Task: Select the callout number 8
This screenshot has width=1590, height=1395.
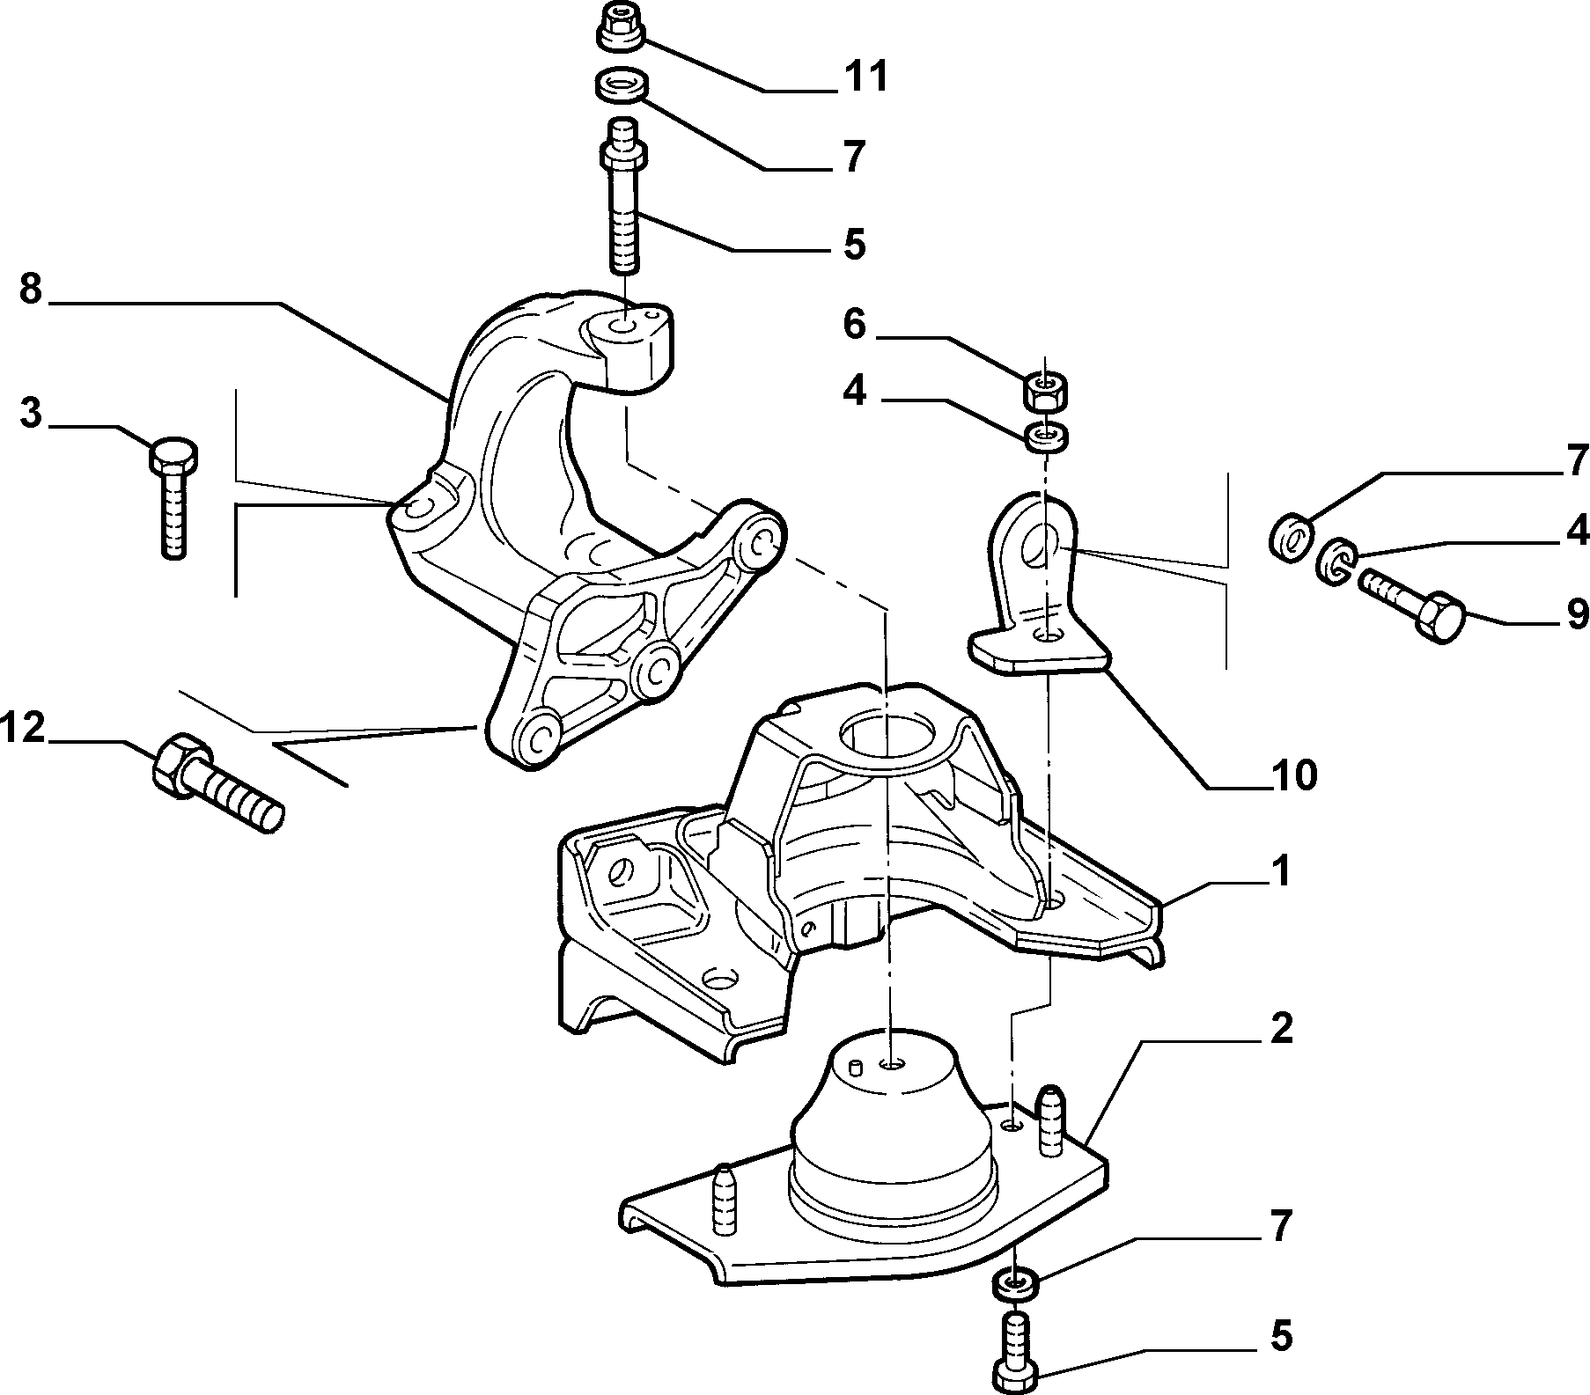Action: (31, 290)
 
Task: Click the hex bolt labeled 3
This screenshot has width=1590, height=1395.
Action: (174, 497)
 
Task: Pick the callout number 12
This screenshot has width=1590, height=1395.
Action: (23, 729)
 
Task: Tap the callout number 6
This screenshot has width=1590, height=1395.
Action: (854, 325)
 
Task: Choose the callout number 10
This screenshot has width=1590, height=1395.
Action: (1293, 775)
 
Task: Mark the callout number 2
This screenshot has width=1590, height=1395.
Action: (1281, 1028)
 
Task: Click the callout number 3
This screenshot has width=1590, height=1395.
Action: (31, 413)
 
